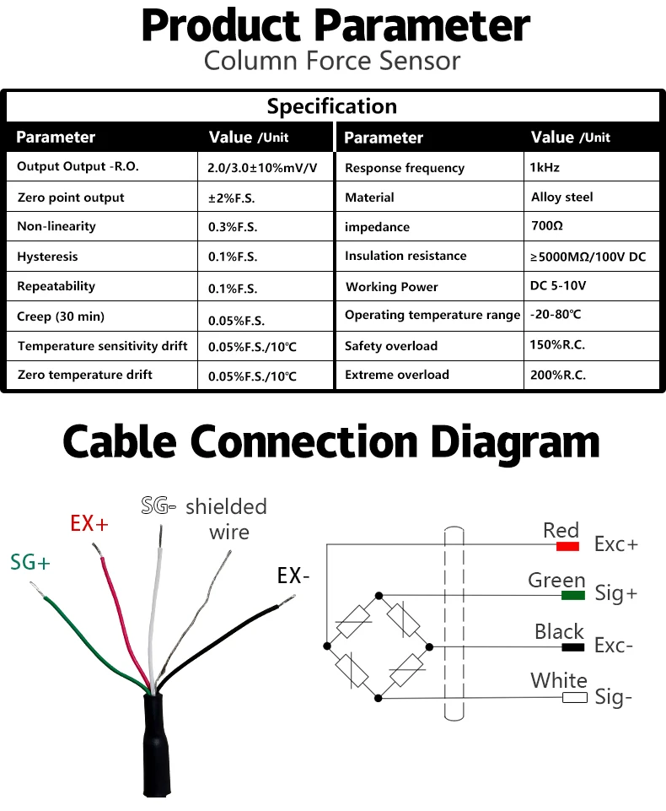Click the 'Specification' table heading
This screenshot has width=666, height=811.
(x=332, y=106)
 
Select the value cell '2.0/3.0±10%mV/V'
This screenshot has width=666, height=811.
(x=262, y=167)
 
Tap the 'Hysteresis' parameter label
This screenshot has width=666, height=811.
(x=47, y=257)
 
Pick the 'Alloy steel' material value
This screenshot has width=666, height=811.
(x=562, y=197)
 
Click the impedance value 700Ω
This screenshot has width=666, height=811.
(x=546, y=226)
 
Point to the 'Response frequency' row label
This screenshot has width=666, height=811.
(x=405, y=168)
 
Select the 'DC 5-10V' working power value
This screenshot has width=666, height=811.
(x=558, y=286)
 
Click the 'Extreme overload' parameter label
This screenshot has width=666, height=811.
(x=397, y=375)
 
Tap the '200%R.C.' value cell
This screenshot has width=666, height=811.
(x=558, y=376)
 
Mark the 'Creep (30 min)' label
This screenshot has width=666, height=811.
(x=61, y=317)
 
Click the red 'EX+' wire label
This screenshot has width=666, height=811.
(x=89, y=523)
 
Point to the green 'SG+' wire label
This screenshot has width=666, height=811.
(x=30, y=562)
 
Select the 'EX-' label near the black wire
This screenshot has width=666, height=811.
(x=294, y=576)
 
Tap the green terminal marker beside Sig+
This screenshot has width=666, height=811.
(x=573, y=596)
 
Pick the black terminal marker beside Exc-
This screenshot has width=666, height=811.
(x=573, y=647)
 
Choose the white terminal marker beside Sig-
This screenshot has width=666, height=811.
(x=575, y=697)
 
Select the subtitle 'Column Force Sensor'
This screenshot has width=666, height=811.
(x=332, y=61)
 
